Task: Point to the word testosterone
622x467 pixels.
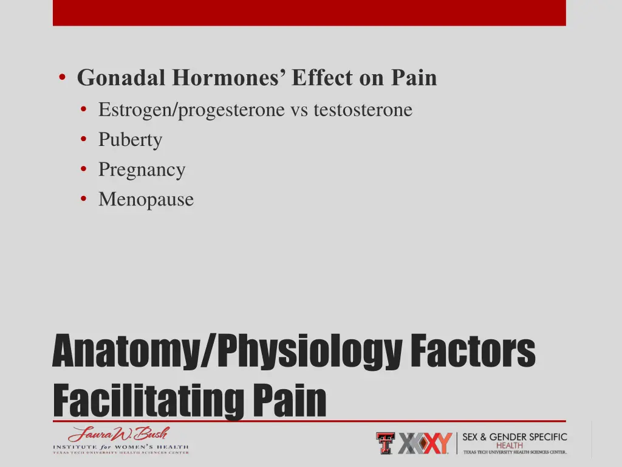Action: pos(363,110)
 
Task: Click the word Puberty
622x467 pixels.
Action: pos(130,140)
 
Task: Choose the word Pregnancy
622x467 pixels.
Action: pos(142,170)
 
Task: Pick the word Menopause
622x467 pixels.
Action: pos(146,199)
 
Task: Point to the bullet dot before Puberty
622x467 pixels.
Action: pos(83,140)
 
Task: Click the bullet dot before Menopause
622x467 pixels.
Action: pos(83,199)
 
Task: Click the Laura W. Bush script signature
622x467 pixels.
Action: pos(118,435)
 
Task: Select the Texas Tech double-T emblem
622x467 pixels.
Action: pos(385,443)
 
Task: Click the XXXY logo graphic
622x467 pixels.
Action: pos(425,443)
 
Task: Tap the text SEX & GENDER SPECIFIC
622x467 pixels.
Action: pos(514,437)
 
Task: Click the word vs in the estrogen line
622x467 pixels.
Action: pos(299,110)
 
